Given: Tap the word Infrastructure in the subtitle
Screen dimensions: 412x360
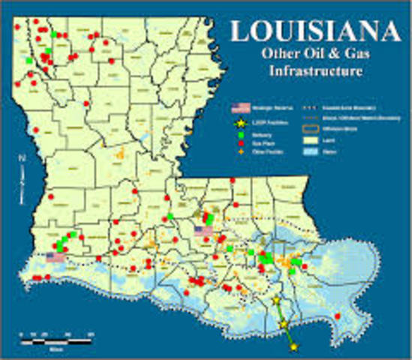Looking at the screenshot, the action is pos(315,72).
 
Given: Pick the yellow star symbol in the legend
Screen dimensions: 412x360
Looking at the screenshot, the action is pos(241,122).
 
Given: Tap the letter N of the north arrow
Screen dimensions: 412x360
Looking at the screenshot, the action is pos(23,157).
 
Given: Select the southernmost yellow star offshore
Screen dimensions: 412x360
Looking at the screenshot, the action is pos(293,346).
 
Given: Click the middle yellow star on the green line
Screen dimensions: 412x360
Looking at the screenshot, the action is pos(284,324).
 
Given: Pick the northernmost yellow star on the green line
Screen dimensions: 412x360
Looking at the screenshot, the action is pos(275,301).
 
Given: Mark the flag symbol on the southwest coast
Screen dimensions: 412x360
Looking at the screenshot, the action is pos(55,257).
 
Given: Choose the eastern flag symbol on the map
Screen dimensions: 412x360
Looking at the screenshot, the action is pos(203,230).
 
